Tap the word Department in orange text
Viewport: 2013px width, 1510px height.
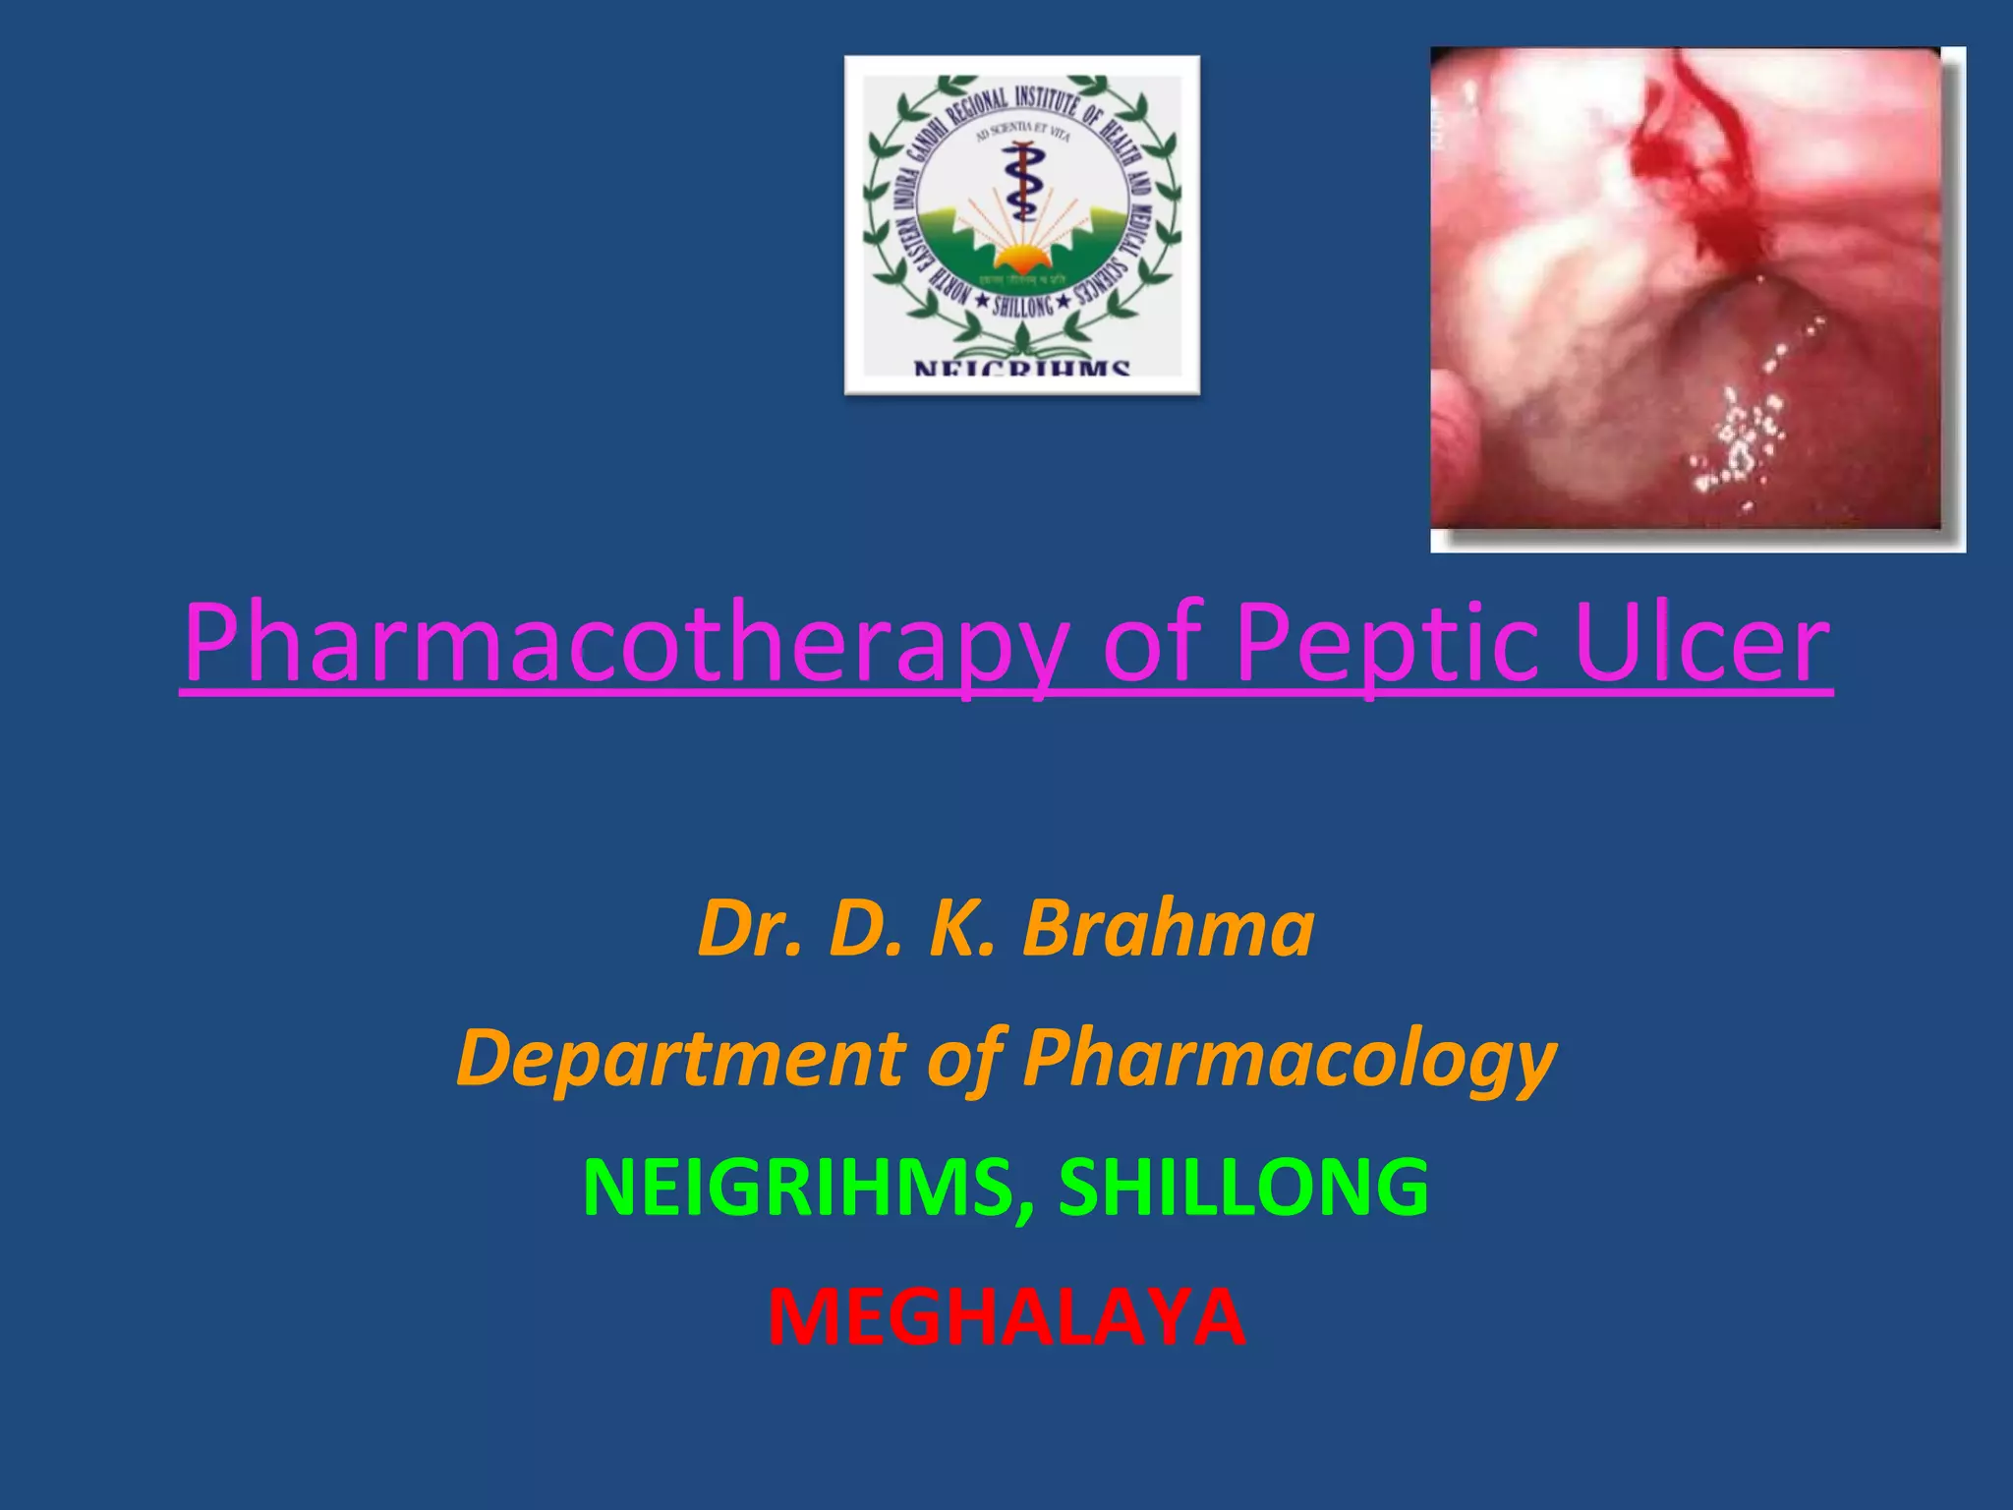678,1059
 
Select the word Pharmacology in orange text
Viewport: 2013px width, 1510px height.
1289,1059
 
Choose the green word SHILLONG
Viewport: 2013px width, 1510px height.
1243,1188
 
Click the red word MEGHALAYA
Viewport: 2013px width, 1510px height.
1006,1317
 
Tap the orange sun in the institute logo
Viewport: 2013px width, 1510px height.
1021,259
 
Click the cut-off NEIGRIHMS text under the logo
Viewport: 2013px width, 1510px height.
1021,369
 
